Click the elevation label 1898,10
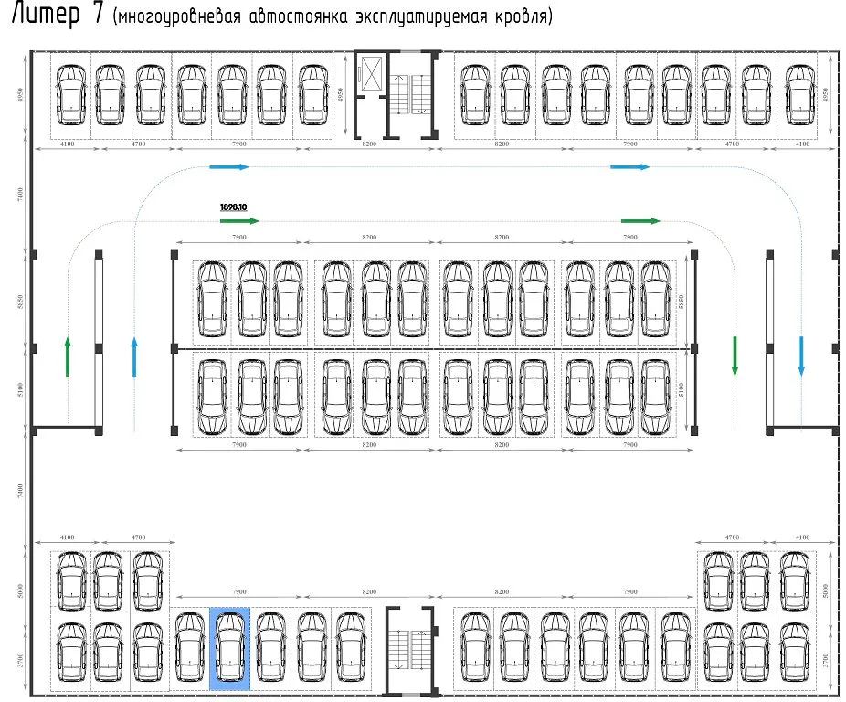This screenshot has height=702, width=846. coord(235,207)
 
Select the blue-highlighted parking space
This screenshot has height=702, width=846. coord(230,648)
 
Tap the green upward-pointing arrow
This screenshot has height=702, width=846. coord(68,356)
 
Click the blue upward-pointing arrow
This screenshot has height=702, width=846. coord(134,356)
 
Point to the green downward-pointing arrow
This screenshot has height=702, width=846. coord(734,356)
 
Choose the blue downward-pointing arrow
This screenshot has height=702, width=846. coord(801,356)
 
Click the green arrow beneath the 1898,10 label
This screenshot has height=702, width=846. coord(240,221)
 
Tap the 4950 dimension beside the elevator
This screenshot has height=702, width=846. coord(340,94)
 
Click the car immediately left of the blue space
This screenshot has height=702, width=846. coord(190,648)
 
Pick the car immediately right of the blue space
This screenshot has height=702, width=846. coord(270,648)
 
